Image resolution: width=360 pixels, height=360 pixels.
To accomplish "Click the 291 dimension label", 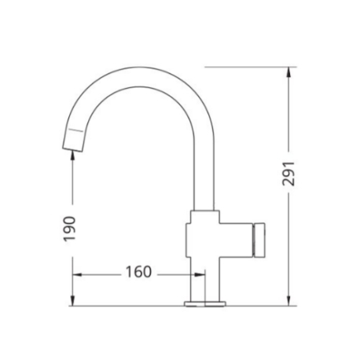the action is tap(288, 174).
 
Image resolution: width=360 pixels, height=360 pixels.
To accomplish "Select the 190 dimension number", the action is tap(70, 229).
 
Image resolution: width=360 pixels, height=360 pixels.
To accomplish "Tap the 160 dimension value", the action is tap(138, 272).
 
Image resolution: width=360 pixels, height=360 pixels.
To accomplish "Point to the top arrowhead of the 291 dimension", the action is tap(288, 72).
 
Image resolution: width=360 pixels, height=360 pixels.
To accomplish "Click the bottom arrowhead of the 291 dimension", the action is tap(288, 301).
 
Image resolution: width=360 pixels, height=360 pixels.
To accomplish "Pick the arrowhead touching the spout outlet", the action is tap(72, 155).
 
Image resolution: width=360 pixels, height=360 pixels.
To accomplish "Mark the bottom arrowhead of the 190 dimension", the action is tap(72, 301).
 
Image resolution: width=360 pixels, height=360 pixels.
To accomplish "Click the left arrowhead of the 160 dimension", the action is tap(77, 275).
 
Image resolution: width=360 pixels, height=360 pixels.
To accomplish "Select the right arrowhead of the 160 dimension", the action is tap(200, 275).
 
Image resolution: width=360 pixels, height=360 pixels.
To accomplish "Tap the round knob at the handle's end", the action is tap(259, 240).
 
